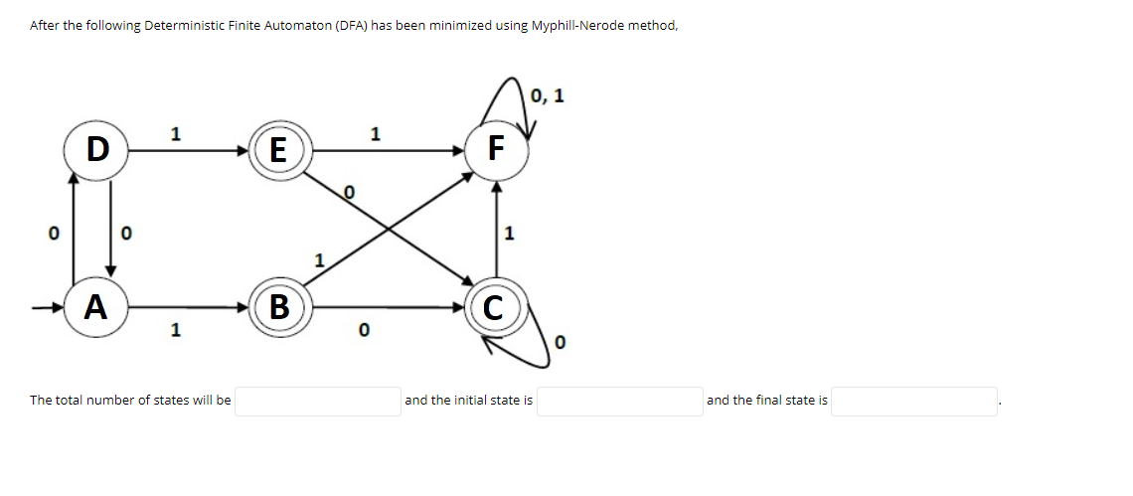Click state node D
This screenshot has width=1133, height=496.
[x=95, y=150]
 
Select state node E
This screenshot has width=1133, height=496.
[x=278, y=151]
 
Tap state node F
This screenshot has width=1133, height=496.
[x=496, y=150]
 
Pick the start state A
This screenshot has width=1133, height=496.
[x=95, y=306]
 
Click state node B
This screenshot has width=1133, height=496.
[x=279, y=306]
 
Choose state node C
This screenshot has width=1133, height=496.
[x=495, y=307]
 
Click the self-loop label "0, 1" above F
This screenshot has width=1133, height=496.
[x=548, y=96]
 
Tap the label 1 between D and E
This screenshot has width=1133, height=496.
[x=175, y=132]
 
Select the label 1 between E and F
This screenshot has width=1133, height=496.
[x=375, y=132]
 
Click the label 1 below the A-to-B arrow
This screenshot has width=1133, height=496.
[x=175, y=330]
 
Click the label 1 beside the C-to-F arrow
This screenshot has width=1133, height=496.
[x=510, y=235]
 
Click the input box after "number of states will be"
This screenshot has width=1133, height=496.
[x=317, y=402]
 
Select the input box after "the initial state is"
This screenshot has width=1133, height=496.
[x=618, y=402]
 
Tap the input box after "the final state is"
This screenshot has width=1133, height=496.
[x=913, y=402]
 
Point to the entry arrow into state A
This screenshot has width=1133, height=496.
[x=50, y=307]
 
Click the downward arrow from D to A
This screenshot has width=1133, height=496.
[x=110, y=229]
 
